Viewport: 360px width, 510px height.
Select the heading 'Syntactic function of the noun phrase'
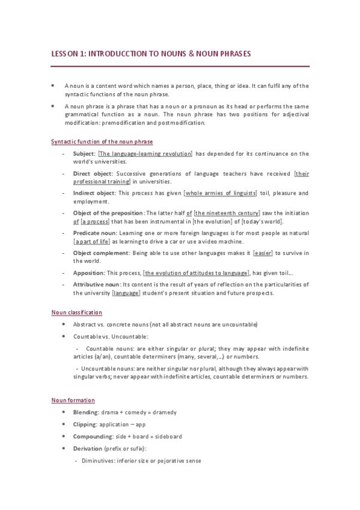[x=102, y=141]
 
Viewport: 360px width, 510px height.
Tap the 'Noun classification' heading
[x=76, y=313]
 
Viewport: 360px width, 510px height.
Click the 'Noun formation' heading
[x=73, y=401]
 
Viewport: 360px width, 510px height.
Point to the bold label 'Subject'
[x=84, y=153]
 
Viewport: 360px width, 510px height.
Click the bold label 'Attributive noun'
[x=96, y=284]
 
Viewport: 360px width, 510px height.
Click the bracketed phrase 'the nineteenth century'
[x=227, y=213]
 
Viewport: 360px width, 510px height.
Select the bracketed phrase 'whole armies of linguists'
[x=220, y=193]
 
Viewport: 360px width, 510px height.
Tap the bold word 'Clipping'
[x=85, y=425]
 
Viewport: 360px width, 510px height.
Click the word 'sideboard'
[x=167, y=437]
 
